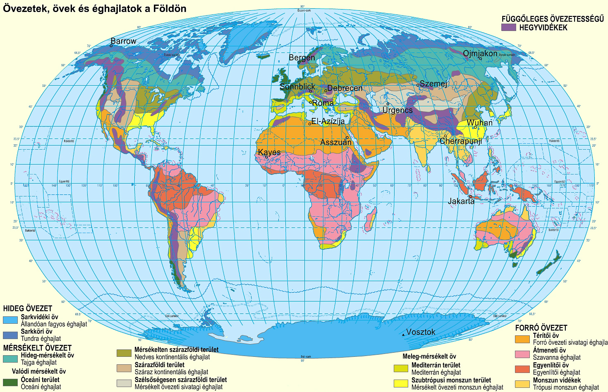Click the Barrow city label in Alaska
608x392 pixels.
[123, 41]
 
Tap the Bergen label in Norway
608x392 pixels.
[302, 58]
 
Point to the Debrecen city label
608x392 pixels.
[345, 88]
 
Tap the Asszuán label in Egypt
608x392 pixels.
[336, 142]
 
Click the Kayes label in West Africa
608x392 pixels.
[269, 152]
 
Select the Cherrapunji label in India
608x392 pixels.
[461, 141]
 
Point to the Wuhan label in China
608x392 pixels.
[480, 123]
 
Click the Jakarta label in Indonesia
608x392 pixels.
[461, 201]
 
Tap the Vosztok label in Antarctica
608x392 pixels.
[421, 332]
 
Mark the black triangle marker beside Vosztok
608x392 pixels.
[404, 334]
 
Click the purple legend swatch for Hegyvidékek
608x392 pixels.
[508, 27]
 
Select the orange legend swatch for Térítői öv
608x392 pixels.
[522, 339]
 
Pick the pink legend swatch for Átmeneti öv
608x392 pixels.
[522, 354]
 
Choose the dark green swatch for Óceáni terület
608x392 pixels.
[10, 382]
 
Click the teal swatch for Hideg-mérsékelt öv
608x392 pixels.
[10, 359]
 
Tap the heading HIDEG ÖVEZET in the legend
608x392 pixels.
[28, 308]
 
